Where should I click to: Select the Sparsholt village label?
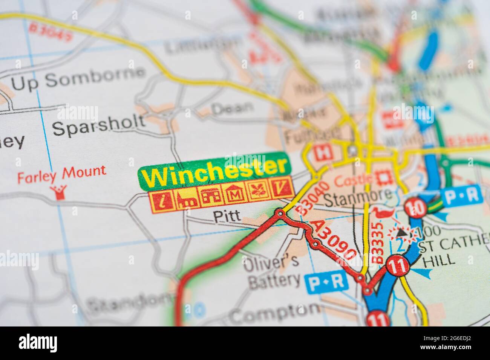98,125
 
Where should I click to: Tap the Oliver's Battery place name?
274,271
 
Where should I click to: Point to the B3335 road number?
378,243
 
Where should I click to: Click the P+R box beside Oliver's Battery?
326,281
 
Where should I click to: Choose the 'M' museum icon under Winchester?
234,195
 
